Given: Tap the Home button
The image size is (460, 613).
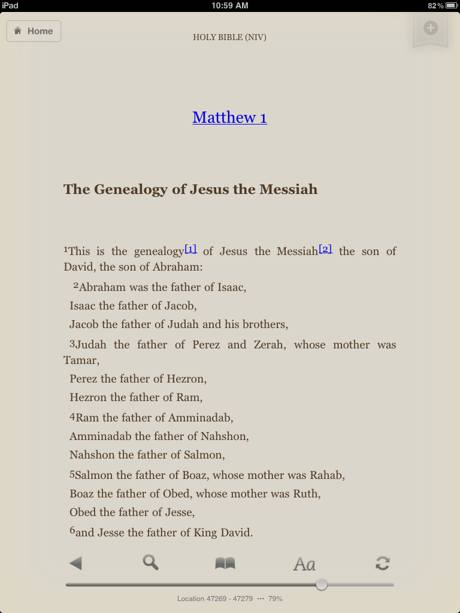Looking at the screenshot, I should (34, 31).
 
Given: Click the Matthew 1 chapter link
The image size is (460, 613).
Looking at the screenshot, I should (229, 117).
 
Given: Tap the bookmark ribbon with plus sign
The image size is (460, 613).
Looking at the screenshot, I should (430, 29).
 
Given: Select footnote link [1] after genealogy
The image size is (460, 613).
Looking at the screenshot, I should (190, 249).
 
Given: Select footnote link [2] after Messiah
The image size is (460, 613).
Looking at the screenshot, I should (325, 249).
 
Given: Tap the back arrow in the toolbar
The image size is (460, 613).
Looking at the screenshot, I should (75, 563).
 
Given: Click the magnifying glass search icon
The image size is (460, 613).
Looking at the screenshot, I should (150, 562).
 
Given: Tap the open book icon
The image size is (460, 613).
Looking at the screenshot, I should (225, 563).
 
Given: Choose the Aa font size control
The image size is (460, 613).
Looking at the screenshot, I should (304, 564).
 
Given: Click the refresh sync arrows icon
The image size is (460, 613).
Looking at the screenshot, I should (382, 563).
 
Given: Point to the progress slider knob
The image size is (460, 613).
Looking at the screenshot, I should (322, 584).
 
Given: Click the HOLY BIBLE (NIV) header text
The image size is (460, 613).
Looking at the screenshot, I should (229, 38).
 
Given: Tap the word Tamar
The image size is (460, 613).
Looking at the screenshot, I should (80, 360).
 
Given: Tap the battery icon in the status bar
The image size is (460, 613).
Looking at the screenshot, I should (451, 5).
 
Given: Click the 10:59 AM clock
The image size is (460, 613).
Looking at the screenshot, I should (229, 5).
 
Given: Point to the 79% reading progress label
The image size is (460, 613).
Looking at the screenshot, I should (275, 599).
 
